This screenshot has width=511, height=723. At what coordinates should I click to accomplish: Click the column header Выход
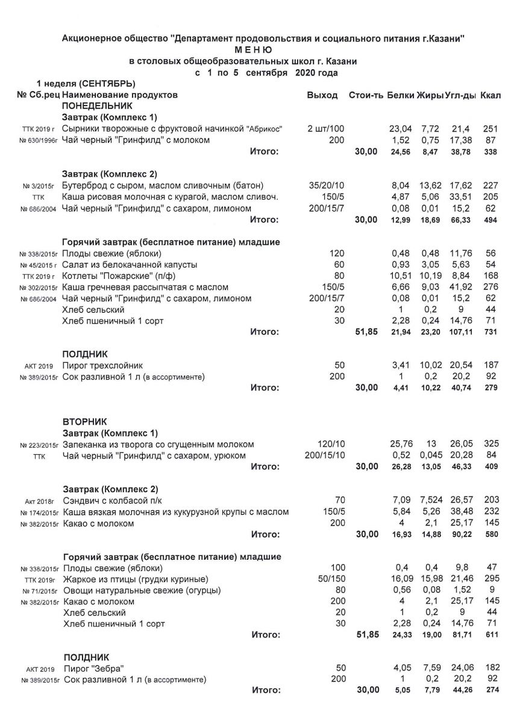pyautogui.click(x=322, y=95)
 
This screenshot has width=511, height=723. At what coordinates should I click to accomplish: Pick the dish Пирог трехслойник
pyautogui.click(x=103, y=366)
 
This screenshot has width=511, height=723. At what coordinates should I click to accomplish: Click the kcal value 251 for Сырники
pyautogui.click(x=492, y=129)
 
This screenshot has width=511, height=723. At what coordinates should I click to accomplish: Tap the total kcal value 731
pyautogui.click(x=492, y=332)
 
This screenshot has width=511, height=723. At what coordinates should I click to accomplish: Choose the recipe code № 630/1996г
pyautogui.click(x=37, y=140)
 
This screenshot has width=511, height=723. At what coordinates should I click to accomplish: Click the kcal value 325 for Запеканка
pyautogui.click(x=492, y=444)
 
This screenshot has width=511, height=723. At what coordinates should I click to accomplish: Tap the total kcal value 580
pyautogui.click(x=492, y=534)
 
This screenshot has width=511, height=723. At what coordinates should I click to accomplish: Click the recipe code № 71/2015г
pyautogui.click(x=39, y=590)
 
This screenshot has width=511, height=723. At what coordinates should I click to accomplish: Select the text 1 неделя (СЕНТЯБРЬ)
pyautogui.click(x=86, y=83)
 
